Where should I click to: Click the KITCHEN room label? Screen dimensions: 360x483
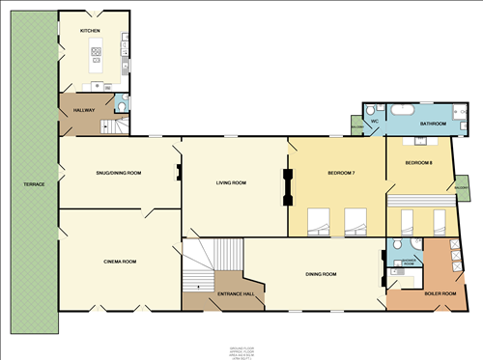point(91,31)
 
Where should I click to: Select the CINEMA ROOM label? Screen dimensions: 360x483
point(121,262)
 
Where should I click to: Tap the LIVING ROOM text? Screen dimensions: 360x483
point(231,182)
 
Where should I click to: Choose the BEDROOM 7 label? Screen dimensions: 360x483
point(341,173)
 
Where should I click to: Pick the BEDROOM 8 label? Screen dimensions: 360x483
point(417,162)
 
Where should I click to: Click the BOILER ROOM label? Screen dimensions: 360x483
point(440,293)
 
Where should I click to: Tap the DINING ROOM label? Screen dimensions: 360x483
point(321,275)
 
